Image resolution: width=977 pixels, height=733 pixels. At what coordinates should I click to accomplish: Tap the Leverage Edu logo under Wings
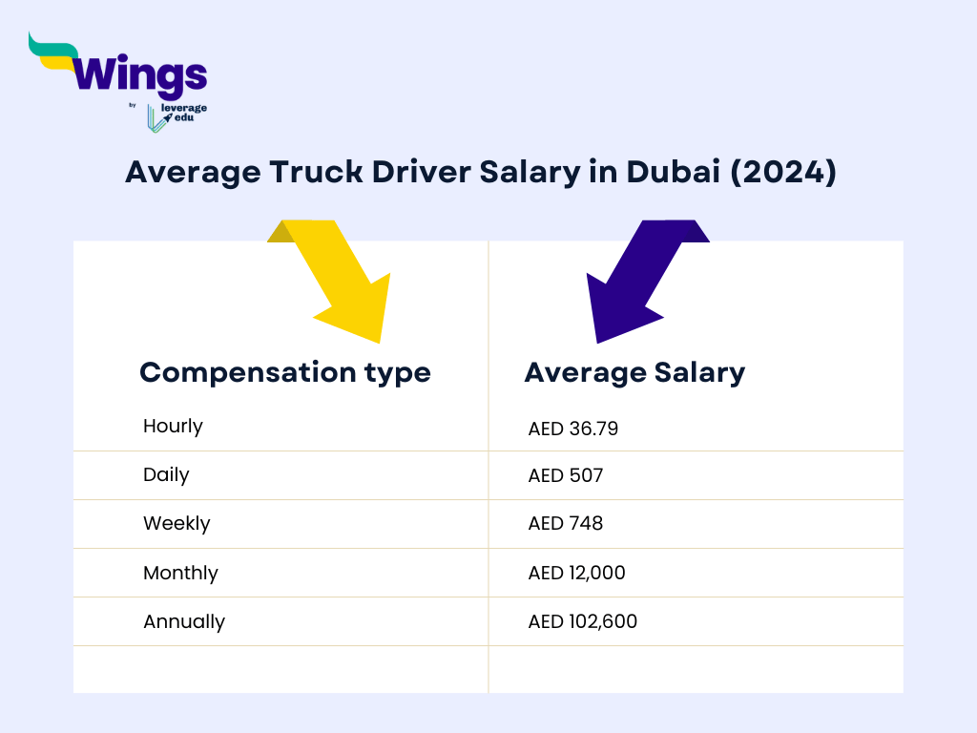click(x=177, y=115)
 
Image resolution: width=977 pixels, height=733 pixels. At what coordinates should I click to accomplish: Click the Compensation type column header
click(x=285, y=372)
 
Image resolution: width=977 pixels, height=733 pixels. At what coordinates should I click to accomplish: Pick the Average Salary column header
click(x=634, y=372)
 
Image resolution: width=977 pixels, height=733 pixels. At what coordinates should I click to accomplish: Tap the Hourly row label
click(x=173, y=426)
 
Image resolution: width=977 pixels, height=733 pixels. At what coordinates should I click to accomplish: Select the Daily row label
click(x=166, y=474)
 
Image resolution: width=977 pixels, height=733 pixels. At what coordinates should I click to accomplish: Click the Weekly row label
click(x=177, y=523)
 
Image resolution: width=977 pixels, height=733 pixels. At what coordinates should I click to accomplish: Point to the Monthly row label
click(x=180, y=573)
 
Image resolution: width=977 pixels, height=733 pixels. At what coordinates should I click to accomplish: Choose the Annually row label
click(x=184, y=621)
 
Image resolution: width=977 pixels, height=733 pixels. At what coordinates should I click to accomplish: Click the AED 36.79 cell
click(x=573, y=429)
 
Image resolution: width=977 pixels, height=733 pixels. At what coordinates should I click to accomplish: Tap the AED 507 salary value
click(x=566, y=475)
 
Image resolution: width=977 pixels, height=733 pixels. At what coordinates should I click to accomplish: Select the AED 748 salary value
click(x=566, y=524)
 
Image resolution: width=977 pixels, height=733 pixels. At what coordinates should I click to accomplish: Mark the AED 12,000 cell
click(x=577, y=573)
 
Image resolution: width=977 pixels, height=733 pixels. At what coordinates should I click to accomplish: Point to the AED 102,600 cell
click(x=583, y=621)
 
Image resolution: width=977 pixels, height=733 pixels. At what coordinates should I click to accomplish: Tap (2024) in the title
click(x=783, y=173)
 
